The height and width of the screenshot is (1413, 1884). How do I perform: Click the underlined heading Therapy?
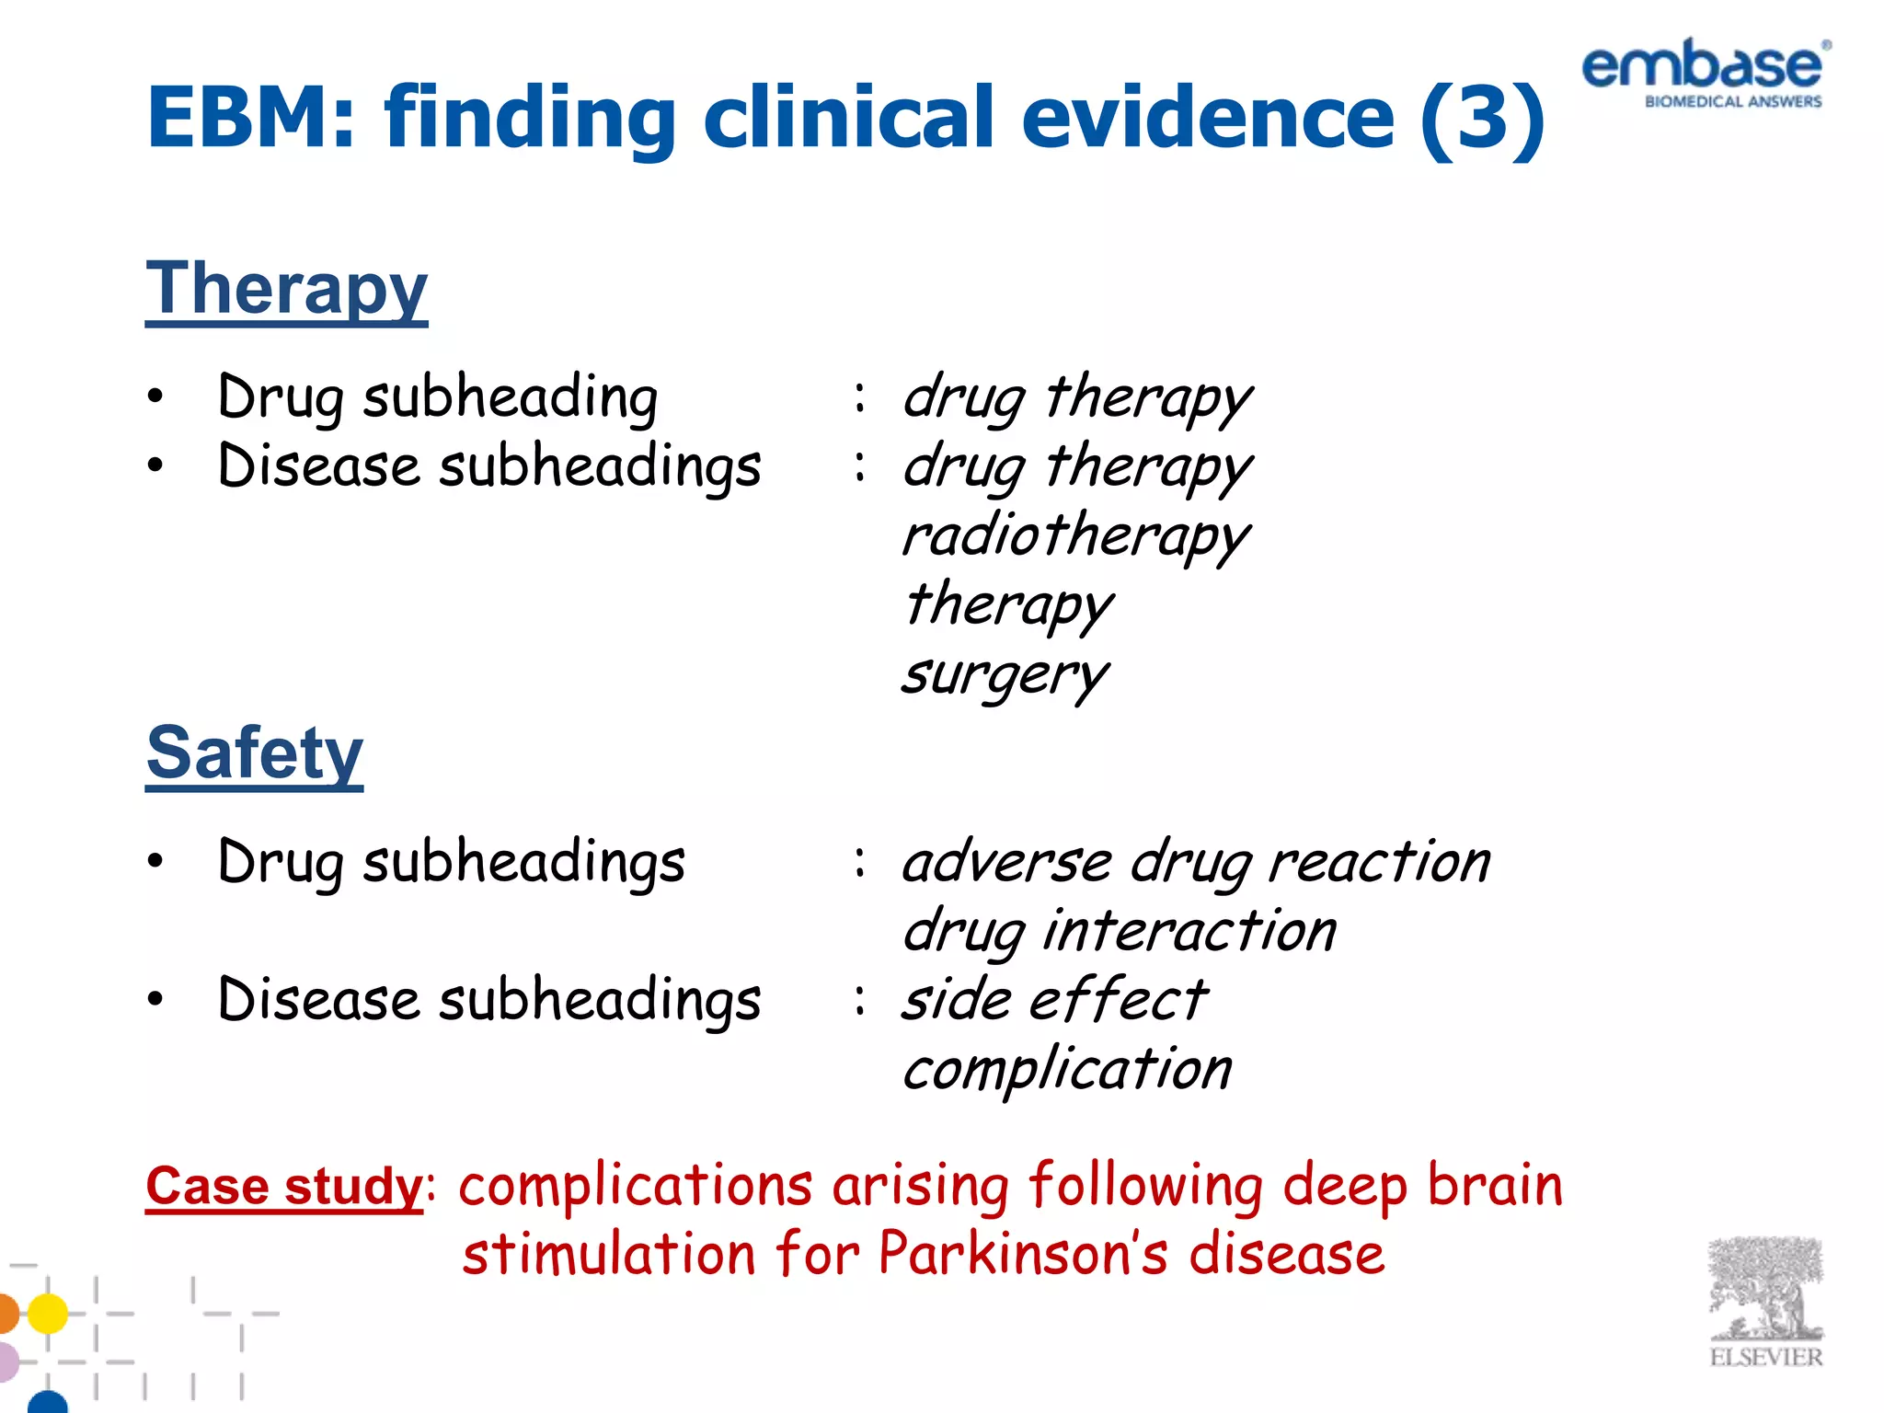[x=286, y=289]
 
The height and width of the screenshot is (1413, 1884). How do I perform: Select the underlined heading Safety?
[x=255, y=753]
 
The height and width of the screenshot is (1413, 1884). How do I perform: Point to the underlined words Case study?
[x=283, y=1186]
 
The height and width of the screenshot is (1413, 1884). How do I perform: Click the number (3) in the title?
[x=1482, y=117]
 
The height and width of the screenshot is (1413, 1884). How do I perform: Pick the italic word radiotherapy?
[x=1075, y=536]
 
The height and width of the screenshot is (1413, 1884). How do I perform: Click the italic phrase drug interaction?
[x=1119, y=931]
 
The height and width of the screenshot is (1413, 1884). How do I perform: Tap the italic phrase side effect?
[x=1053, y=1000]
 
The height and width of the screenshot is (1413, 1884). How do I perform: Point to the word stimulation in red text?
[x=608, y=1254]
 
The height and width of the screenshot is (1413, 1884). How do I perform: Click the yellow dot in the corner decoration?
[x=48, y=1313]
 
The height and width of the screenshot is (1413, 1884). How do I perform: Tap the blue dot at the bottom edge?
[x=48, y=1403]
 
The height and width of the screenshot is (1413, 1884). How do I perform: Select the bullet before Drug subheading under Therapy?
[x=155, y=396]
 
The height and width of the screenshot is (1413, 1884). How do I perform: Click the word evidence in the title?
[x=1207, y=117]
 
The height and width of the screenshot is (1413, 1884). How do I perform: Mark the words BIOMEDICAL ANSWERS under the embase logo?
[x=1732, y=102]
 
